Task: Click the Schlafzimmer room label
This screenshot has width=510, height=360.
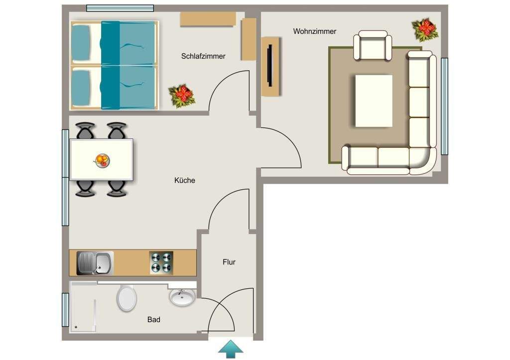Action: [203, 56]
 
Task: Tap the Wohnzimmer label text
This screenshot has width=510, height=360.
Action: [314, 31]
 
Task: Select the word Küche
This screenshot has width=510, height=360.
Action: [185, 180]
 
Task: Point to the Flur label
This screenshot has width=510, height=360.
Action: [229, 262]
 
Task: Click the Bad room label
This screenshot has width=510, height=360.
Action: [154, 320]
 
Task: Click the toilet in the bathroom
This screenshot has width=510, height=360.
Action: [127, 298]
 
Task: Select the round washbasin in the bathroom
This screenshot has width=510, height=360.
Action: [182, 298]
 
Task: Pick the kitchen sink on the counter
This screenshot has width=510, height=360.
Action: [95, 263]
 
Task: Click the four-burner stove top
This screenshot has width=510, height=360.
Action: [161, 262]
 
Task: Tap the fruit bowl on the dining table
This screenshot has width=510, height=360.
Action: [102, 160]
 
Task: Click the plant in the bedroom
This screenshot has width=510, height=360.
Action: [181, 95]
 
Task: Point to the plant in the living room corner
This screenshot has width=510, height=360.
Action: [425, 30]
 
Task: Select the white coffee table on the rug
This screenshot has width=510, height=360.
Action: [374, 101]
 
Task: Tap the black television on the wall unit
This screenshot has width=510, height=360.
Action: [269, 66]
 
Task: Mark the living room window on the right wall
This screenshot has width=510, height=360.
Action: [444, 106]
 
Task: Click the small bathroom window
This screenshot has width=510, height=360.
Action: [65, 310]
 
